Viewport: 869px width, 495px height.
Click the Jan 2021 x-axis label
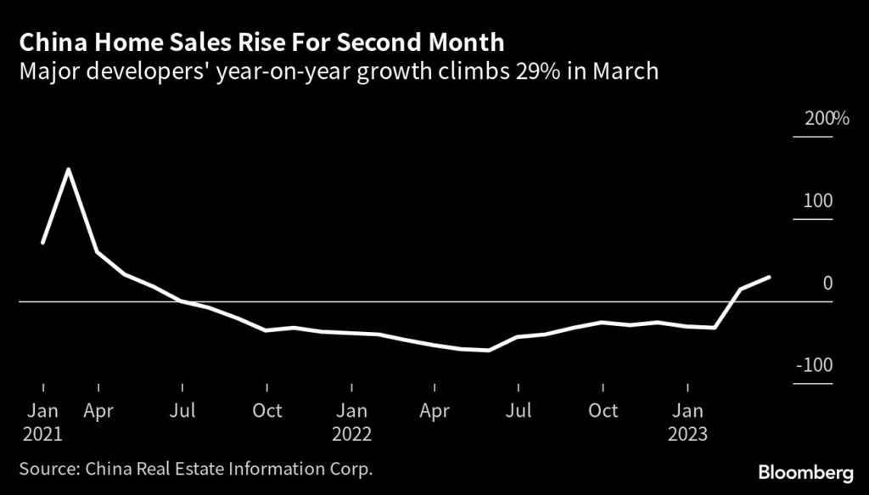pyautogui.click(x=42, y=422)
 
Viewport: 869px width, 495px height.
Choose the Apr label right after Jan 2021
pyautogui.click(x=98, y=411)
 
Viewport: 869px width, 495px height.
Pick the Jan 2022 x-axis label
pyautogui.click(x=351, y=422)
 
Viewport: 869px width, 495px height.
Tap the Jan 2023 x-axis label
pyautogui.click(x=687, y=422)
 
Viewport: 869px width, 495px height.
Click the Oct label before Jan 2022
pyautogui.click(x=267, y=411)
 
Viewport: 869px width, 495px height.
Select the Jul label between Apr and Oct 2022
pyautogui.click(x=519, y=411)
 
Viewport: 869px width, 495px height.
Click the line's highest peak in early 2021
pyautogui.click(x=68, y=170)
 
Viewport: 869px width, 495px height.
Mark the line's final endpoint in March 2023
pyautogui.click(x=770, y=277)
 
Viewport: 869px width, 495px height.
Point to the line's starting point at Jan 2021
pyautogui.click(x=42, y=244)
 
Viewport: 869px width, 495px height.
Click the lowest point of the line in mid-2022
pyautogui.click(x=489, y=350)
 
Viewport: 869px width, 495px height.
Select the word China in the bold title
pyautogui.click(x=48, y=42)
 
